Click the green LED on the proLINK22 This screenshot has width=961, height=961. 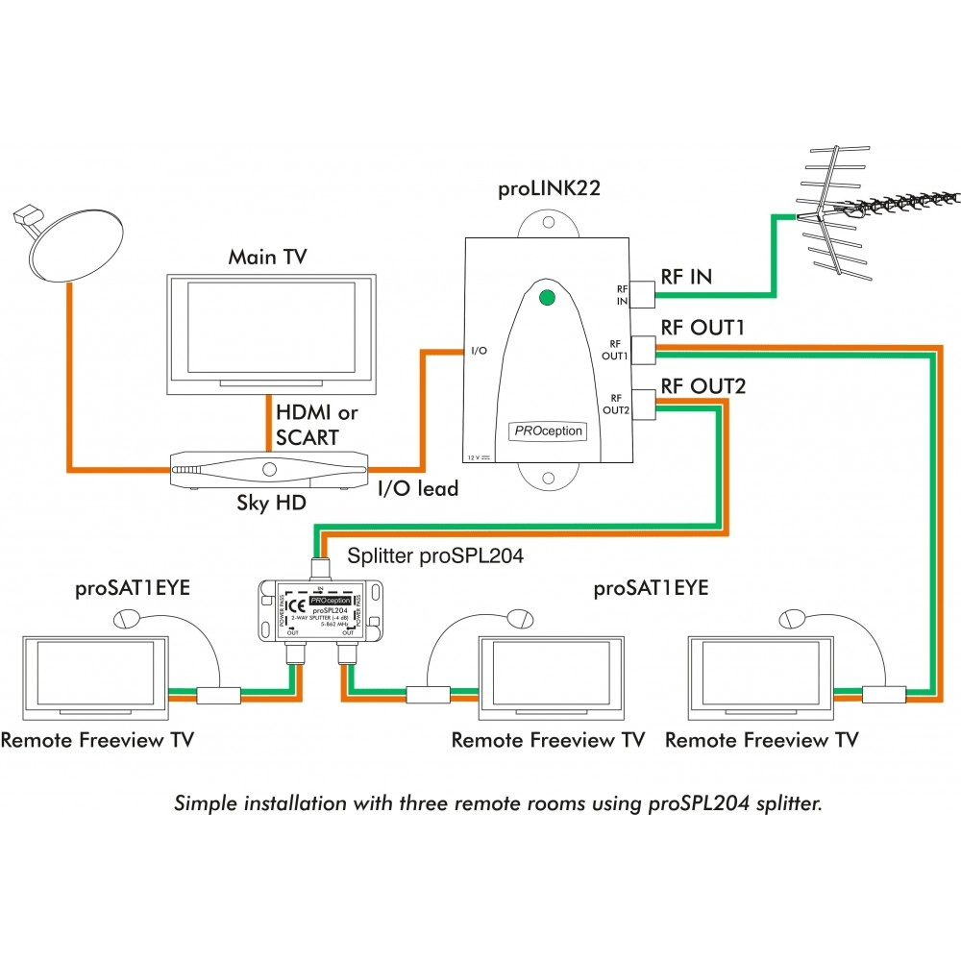547,297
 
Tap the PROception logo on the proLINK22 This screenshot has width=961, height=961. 546,431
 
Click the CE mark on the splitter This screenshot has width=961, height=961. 297,606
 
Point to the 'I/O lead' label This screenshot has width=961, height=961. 416,488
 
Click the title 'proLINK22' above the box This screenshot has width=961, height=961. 549,188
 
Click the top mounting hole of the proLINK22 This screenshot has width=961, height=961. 548,224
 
